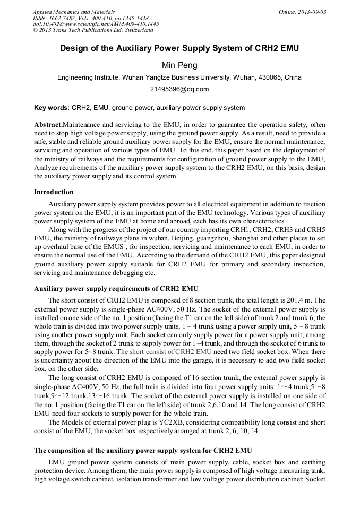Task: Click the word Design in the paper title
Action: [73, 48]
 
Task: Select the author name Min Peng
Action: [179, 65]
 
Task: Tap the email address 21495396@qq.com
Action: [179, 89]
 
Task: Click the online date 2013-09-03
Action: [310, 12]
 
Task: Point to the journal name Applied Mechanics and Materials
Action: [74, 12]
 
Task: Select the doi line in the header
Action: [96, 24]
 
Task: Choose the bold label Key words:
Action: [52, 108]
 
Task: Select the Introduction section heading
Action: [54, 192]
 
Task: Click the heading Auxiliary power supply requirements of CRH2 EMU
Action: [116, 289]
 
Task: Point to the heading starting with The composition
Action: [143, 451]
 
